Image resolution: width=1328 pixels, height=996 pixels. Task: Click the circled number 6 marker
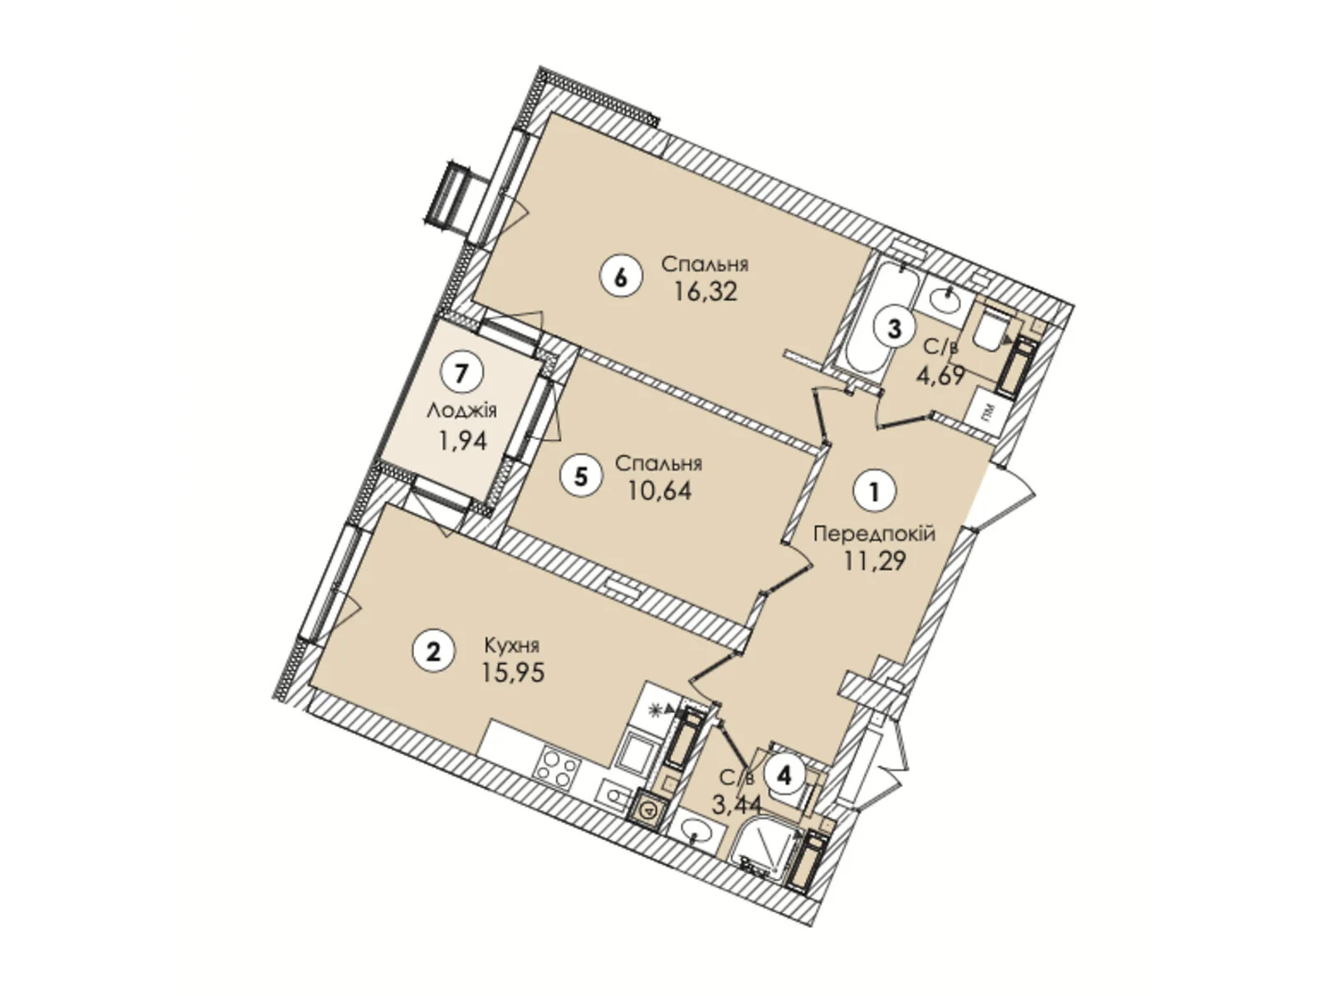point(620,277)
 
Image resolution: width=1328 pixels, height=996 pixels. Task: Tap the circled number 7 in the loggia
point(462,373)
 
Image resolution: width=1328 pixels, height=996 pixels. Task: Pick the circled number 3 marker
point(894,328)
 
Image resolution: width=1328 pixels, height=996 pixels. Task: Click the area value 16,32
point(705,292)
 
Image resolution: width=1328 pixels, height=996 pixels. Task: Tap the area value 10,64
point(660,491)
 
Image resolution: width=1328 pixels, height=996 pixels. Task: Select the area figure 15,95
point(513,672)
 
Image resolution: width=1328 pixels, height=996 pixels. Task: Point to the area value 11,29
point(874,562)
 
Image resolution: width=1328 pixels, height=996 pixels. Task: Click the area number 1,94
point(462,440)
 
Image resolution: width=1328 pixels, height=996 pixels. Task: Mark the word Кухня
point(512,645)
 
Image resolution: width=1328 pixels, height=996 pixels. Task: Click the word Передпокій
point(874,534)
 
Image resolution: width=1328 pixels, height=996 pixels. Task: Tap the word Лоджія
point(462,410)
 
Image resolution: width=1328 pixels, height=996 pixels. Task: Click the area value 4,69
point(940,376)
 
